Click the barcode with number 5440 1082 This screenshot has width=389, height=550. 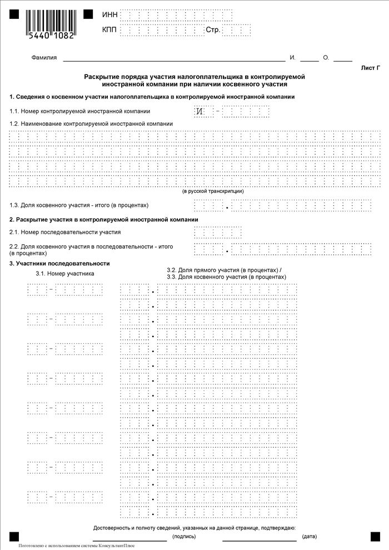coord(49,22)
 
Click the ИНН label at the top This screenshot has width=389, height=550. coord(110,14)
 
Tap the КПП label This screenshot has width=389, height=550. coord(110,29)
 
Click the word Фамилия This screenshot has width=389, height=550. coord(45,58)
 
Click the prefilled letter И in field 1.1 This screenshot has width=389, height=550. coord(201,112)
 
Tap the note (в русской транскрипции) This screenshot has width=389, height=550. coord(213,191)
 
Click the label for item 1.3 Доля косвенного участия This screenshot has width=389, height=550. coord(79,205)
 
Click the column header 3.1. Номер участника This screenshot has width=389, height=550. coord(65,274)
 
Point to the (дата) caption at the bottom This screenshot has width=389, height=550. coord(309,537)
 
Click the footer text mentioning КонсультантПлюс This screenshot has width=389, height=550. coord(76,546)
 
